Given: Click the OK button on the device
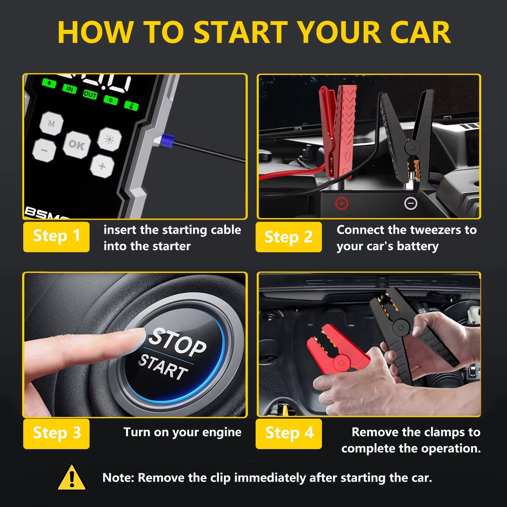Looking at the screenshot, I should pos(76,145).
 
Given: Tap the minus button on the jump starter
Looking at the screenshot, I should pos(44,150).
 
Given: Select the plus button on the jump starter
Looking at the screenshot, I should pos(102,166).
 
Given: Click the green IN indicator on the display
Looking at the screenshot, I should pos(69,89).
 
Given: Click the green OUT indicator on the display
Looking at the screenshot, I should pos(90,95).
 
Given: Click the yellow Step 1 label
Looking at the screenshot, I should pos(56,236).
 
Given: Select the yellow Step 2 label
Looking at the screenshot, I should pos(289,237).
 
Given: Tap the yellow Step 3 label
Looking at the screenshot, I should pos(56,433).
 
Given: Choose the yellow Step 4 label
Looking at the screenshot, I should pos(289,433).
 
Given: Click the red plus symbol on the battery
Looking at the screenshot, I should pos(341,204).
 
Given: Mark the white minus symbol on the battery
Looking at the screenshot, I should pos(411,204).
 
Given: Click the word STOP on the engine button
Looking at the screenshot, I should pos(177,341).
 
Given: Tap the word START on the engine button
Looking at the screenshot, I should pos(163,366).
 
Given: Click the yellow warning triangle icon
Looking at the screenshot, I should pos(71,478).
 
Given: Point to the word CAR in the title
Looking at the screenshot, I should pos(420,33).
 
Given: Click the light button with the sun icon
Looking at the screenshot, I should pos(109,139).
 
